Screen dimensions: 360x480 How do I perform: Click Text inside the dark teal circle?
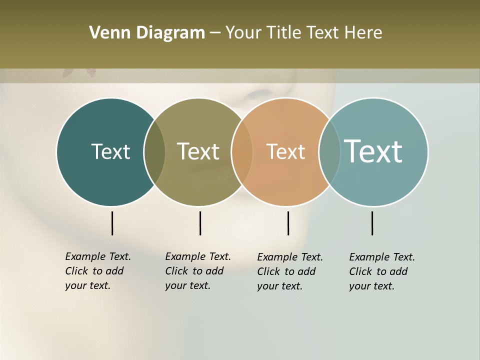[x=110, y=151]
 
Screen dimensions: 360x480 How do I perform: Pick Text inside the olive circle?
[x=198, y=151]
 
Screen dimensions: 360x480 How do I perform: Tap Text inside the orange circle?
[x=285, y=151]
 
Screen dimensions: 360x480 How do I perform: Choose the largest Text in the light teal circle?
[x=373, y=151]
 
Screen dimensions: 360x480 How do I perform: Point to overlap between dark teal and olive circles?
[x=154, y=151]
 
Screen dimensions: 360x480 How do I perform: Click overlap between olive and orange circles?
[x=242, y=151]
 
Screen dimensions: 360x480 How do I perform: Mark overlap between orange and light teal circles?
[x=329, y=151]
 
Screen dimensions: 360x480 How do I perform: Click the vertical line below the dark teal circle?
[x=112, y=223]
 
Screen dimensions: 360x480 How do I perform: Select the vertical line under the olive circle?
[x=200, y=223]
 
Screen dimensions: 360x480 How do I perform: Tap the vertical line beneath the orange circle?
[x=288, y=223]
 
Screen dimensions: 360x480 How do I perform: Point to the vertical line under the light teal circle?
[x=372, y=223]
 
